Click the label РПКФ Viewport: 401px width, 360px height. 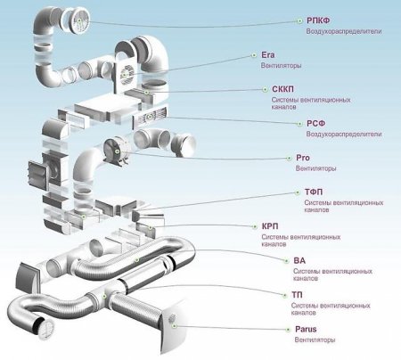tap(318, 20)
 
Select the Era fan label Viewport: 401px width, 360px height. tap(268, 55)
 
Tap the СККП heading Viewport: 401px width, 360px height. tap(282, 89)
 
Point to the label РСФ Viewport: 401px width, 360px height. tap(315, 123)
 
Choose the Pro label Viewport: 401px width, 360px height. tap(303, 158)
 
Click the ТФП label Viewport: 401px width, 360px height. tap(314, 192)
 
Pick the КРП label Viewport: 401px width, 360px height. tap(270, 226)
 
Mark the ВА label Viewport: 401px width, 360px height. tap(299, 260)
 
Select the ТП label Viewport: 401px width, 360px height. tap(297, 295)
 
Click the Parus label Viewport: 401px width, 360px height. tap(306, 329)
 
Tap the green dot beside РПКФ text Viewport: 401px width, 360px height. tap(299, 20)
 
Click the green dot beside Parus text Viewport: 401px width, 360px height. tap(288, 330)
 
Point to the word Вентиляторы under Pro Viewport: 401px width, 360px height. tap(315, 168)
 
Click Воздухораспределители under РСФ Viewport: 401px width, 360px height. tap(344, 134)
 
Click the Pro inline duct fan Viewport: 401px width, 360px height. tap(117, 151)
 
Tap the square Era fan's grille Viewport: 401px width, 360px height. tap(127, 74)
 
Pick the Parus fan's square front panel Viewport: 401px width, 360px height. tap(175, 324)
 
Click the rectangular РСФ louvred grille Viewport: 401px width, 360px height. tap(150, 117)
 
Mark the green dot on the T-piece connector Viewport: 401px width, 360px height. tap(104, 296)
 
